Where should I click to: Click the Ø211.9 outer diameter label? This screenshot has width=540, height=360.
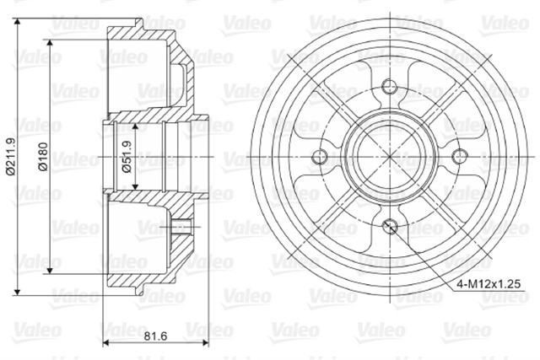pos(11,156)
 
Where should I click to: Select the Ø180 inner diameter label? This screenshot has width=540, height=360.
pos(44,157)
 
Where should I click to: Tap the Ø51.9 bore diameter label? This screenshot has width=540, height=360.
pos(127,157)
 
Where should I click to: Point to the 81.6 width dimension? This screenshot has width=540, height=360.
pos(155,336)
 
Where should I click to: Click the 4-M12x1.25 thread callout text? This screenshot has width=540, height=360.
pos(489,284)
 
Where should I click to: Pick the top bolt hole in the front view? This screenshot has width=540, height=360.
pos(390,86)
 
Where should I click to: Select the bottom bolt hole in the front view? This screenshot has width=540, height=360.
pos(390,226)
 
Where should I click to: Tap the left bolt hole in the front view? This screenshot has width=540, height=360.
pos(319,157)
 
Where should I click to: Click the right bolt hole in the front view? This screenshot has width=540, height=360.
pos(459,157)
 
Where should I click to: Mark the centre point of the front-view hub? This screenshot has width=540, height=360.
pos(390,157)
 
